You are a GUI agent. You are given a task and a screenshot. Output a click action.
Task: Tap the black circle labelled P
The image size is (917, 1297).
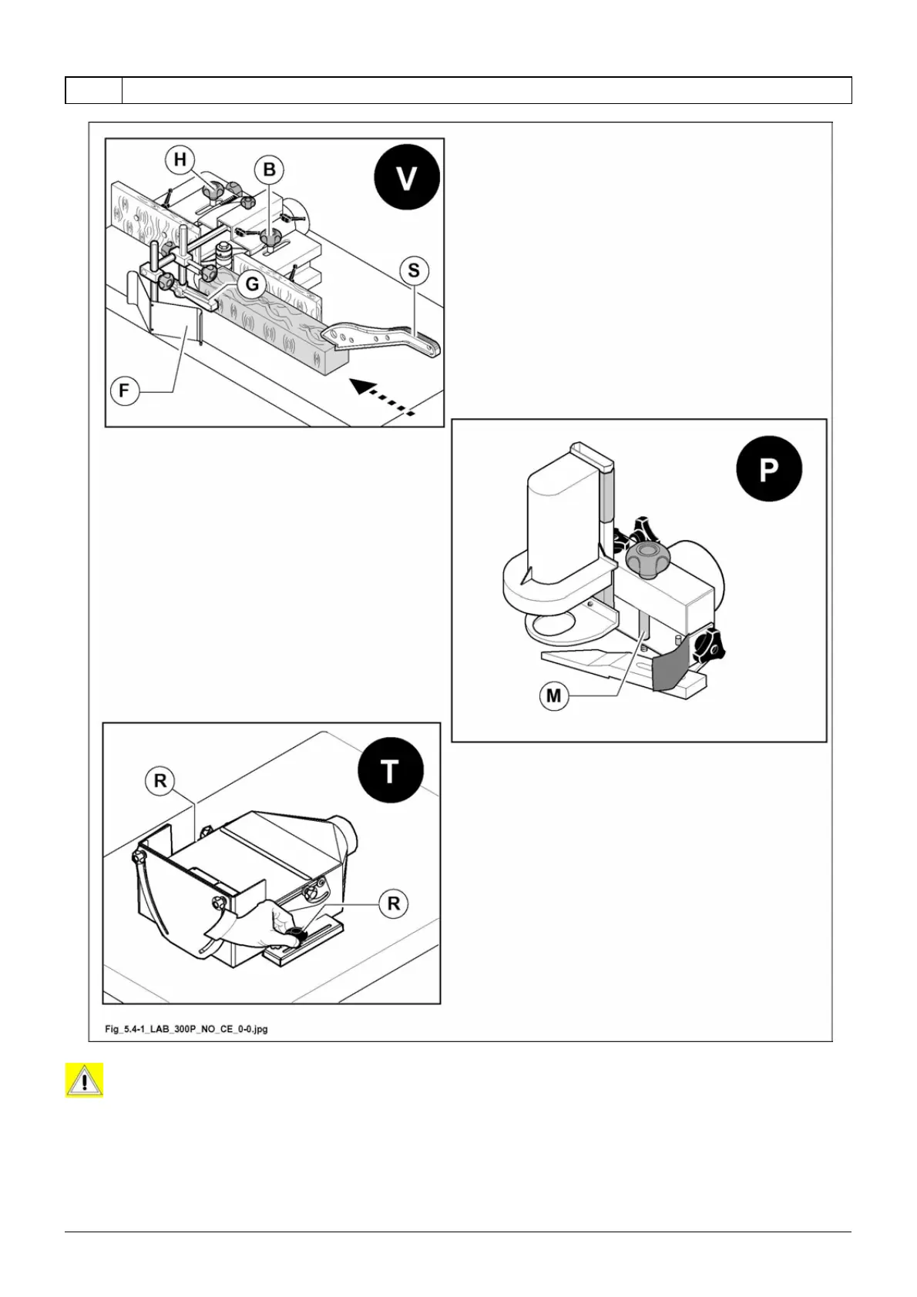(x=768, y=469)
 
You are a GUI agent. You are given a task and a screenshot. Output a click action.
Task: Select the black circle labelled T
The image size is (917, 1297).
(x=391, y=770)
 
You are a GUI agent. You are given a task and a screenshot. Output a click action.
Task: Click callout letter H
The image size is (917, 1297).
(x=180, y=159)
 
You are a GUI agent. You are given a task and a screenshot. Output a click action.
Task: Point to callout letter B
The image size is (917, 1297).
(x=269, y=169)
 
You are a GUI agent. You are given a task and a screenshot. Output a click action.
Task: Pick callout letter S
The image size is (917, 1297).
(x=414, y=270)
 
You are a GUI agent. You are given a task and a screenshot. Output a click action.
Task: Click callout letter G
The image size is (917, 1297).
(x=252, y=284)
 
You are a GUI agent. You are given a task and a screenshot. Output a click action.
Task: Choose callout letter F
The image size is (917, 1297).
(x=124, y=391)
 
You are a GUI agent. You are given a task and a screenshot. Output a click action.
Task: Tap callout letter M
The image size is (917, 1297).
(x=553, y=696)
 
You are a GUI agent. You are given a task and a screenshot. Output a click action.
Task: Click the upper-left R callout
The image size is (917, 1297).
(x=160, y=781)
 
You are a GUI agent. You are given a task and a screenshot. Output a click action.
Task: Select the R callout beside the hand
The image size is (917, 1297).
(x=393, y=903)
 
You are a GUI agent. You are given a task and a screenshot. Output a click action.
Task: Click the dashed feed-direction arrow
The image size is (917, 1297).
(x=383, y=397)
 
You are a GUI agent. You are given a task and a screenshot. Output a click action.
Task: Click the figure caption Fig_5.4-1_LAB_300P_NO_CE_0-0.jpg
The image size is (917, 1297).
(x=186, y=1028)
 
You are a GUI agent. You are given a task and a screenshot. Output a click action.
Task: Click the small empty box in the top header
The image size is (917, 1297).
(x=93, y=90)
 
